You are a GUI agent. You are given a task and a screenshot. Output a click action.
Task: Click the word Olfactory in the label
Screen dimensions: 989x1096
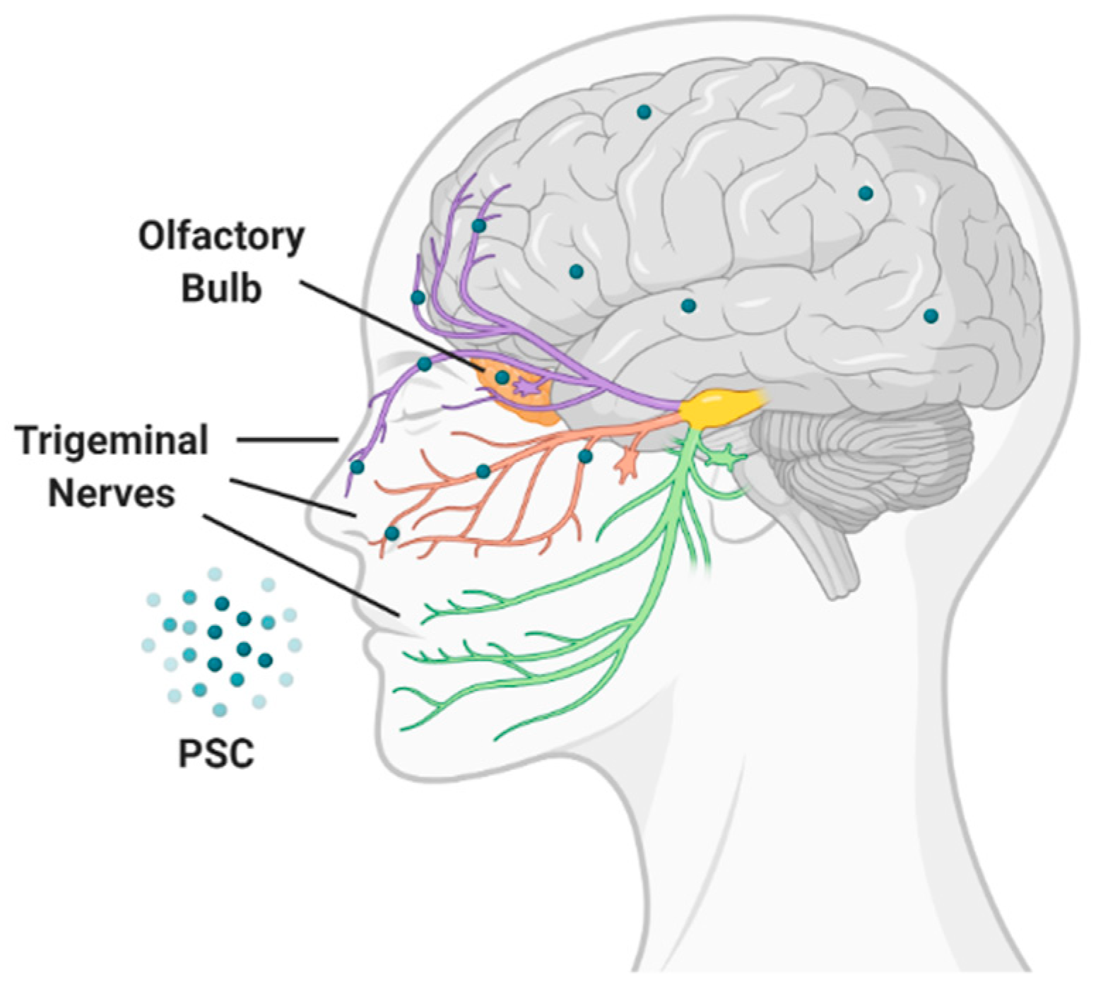tap(221, 238)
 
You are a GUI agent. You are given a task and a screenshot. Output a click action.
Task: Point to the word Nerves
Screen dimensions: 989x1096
tap(112, 493)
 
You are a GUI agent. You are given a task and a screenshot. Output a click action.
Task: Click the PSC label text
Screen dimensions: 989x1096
tap(216, 754)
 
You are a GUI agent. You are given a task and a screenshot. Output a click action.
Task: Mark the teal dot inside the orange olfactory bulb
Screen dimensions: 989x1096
tap(502, 377)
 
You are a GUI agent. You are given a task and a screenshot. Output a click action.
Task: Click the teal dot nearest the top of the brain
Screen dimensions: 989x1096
tap(643, 112)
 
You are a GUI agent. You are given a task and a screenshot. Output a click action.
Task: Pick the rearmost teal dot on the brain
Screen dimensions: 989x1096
tap(931, 316)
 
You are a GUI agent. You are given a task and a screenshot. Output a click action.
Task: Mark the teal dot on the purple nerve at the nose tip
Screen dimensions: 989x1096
tap(357, 467)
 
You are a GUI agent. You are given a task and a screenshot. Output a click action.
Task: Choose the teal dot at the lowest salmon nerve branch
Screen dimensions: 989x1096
tap(391, 533)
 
